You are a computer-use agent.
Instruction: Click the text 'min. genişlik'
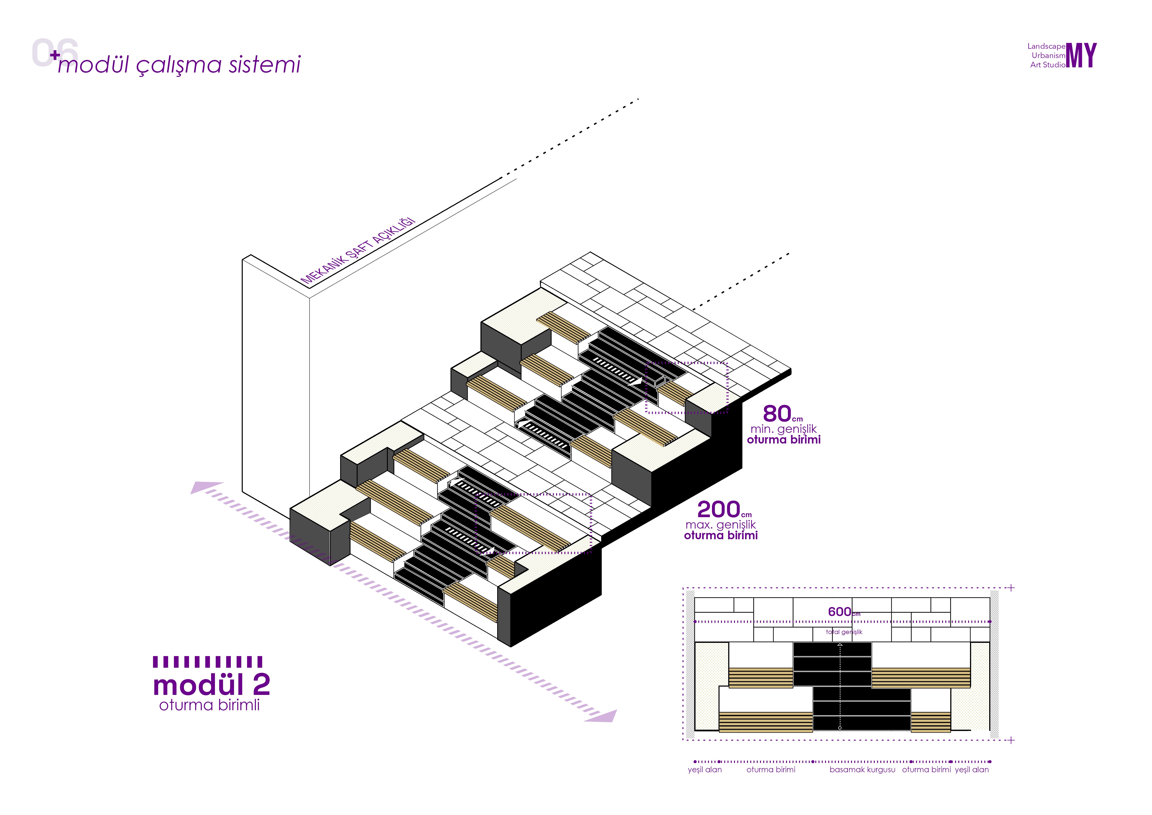(783, 429)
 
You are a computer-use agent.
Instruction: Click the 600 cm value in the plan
(839, 612)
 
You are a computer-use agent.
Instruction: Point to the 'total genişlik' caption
(844, 632)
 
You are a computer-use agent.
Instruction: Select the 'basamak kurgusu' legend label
(862, 770)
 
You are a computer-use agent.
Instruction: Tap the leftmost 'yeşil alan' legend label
(705, 770)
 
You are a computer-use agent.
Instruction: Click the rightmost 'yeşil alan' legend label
(971, 770)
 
